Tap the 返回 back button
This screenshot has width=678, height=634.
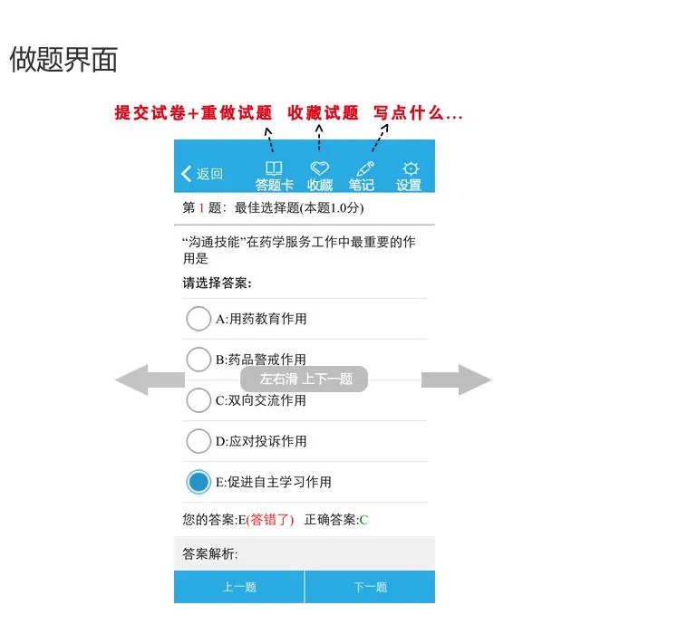point(202,174)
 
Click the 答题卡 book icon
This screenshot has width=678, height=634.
point(273,168)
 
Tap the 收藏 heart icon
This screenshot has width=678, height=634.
point(319,168)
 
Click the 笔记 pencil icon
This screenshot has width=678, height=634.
point(364,168)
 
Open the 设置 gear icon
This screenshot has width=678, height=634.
point(410,168)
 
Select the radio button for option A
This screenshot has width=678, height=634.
point(199,319)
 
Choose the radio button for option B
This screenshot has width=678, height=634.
point(199,359)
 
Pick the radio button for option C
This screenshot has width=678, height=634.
point(199,400)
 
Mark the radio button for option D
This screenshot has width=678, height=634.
point(199,441)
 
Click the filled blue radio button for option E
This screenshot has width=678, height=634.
point(199,482)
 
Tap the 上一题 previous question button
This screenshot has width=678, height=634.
point(239,587)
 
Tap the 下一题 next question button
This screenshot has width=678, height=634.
point(370,587)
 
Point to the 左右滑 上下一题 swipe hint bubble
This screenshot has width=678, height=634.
point(305,379)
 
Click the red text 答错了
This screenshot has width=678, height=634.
point(270,520)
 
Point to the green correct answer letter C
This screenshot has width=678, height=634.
point(363,520)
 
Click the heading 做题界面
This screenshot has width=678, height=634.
point(63,60)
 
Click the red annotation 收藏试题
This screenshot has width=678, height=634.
point(323,113)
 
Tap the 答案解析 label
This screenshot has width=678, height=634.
point(209,553)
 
